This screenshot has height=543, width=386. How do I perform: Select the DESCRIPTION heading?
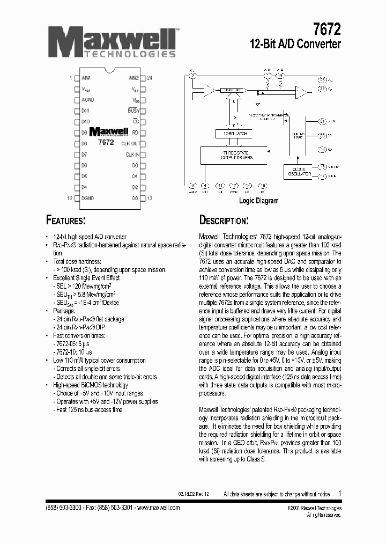(224, 221)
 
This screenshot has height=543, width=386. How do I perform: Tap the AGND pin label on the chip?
(87, 100)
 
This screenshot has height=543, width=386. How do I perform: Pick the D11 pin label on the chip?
(85, 111)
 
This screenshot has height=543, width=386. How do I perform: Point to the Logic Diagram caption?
(258, 201)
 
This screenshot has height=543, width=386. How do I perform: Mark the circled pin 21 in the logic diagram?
(322, 122)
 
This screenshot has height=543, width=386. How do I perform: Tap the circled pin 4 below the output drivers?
(206, 186)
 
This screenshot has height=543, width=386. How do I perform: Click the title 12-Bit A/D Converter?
(295, 45)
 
